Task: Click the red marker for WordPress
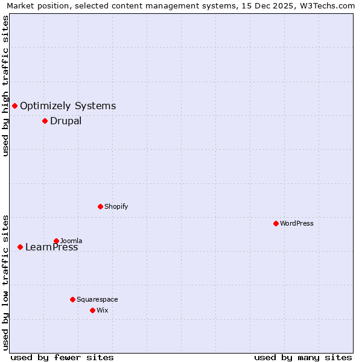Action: pos(276,223)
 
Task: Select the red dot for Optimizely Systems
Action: pos(14,106)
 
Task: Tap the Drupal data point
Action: pos(45,121)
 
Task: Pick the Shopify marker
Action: pos(100,206)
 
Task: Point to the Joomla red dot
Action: pos(56,241)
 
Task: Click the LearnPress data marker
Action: pos(20,247)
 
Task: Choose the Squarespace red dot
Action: pos(72,299)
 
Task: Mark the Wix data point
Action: pos(92,310)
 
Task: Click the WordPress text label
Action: pos(297,223)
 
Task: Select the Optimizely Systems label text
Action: pos(68,106)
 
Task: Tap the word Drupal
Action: pos(66,121)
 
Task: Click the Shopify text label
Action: pos(116,206)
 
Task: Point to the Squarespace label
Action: pos(97,299)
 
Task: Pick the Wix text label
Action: pos(103,310)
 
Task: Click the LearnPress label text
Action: pos(52,247)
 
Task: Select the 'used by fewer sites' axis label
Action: pos(62,357)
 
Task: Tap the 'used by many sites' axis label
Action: pos(303,357)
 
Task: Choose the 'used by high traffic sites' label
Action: pos(6,86)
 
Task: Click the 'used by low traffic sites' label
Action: pos(6,282)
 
